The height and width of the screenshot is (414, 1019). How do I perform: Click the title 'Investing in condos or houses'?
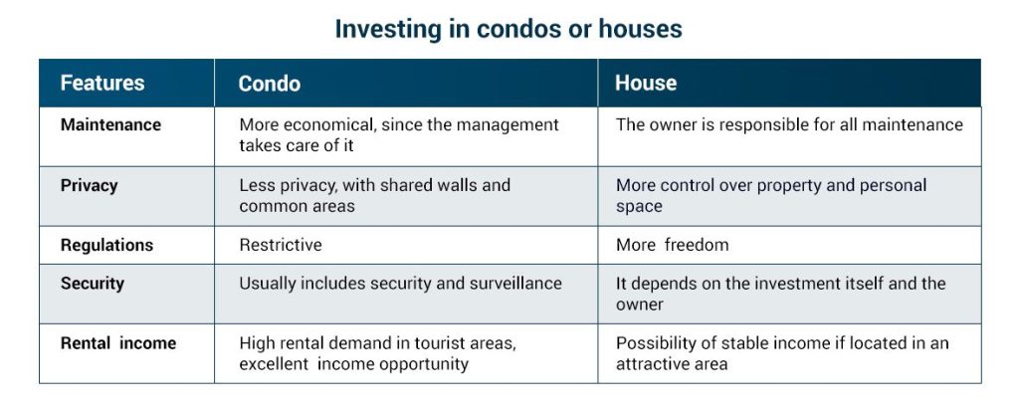(509, 29)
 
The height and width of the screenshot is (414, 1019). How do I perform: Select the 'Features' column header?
(102, 84)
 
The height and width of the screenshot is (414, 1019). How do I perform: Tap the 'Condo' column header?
(269, 84)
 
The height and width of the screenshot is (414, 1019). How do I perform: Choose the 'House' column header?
(645, 84)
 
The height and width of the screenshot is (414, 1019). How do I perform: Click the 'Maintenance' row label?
(110, 125)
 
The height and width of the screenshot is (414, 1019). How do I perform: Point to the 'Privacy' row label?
(89, 185)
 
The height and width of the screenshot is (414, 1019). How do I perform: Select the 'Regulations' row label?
(106, 245)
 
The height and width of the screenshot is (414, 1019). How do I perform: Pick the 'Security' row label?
(92, 284)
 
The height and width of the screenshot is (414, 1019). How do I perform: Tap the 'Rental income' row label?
(117, 343)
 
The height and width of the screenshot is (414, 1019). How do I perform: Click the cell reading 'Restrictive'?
(281, 245)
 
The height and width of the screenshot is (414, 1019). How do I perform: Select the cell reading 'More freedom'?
(672, 245)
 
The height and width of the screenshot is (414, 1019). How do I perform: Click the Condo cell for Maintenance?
(398, 135)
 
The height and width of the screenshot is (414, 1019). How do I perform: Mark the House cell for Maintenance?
(789, 125)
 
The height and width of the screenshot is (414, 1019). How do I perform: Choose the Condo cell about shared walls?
(374, 195)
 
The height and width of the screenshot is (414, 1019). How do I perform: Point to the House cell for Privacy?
(770, 195)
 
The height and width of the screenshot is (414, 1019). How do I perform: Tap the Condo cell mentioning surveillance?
(400, 284)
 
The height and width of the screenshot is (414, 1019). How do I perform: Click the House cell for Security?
(780, 294)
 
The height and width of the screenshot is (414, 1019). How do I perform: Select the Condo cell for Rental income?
(377, 353)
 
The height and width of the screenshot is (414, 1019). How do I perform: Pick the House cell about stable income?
(781, 353)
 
